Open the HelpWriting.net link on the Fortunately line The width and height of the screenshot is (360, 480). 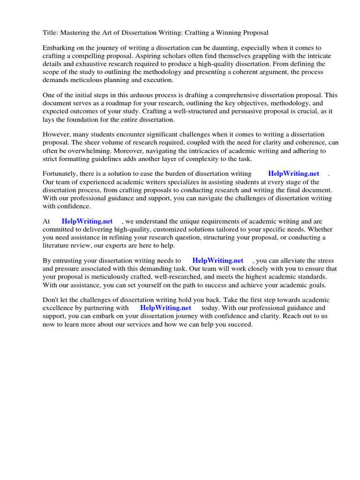point(293,174)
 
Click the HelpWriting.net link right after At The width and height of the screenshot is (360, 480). point(87,221)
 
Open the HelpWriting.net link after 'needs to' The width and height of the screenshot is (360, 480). point(218,261)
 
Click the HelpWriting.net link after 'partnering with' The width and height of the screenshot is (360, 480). point(165,308)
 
